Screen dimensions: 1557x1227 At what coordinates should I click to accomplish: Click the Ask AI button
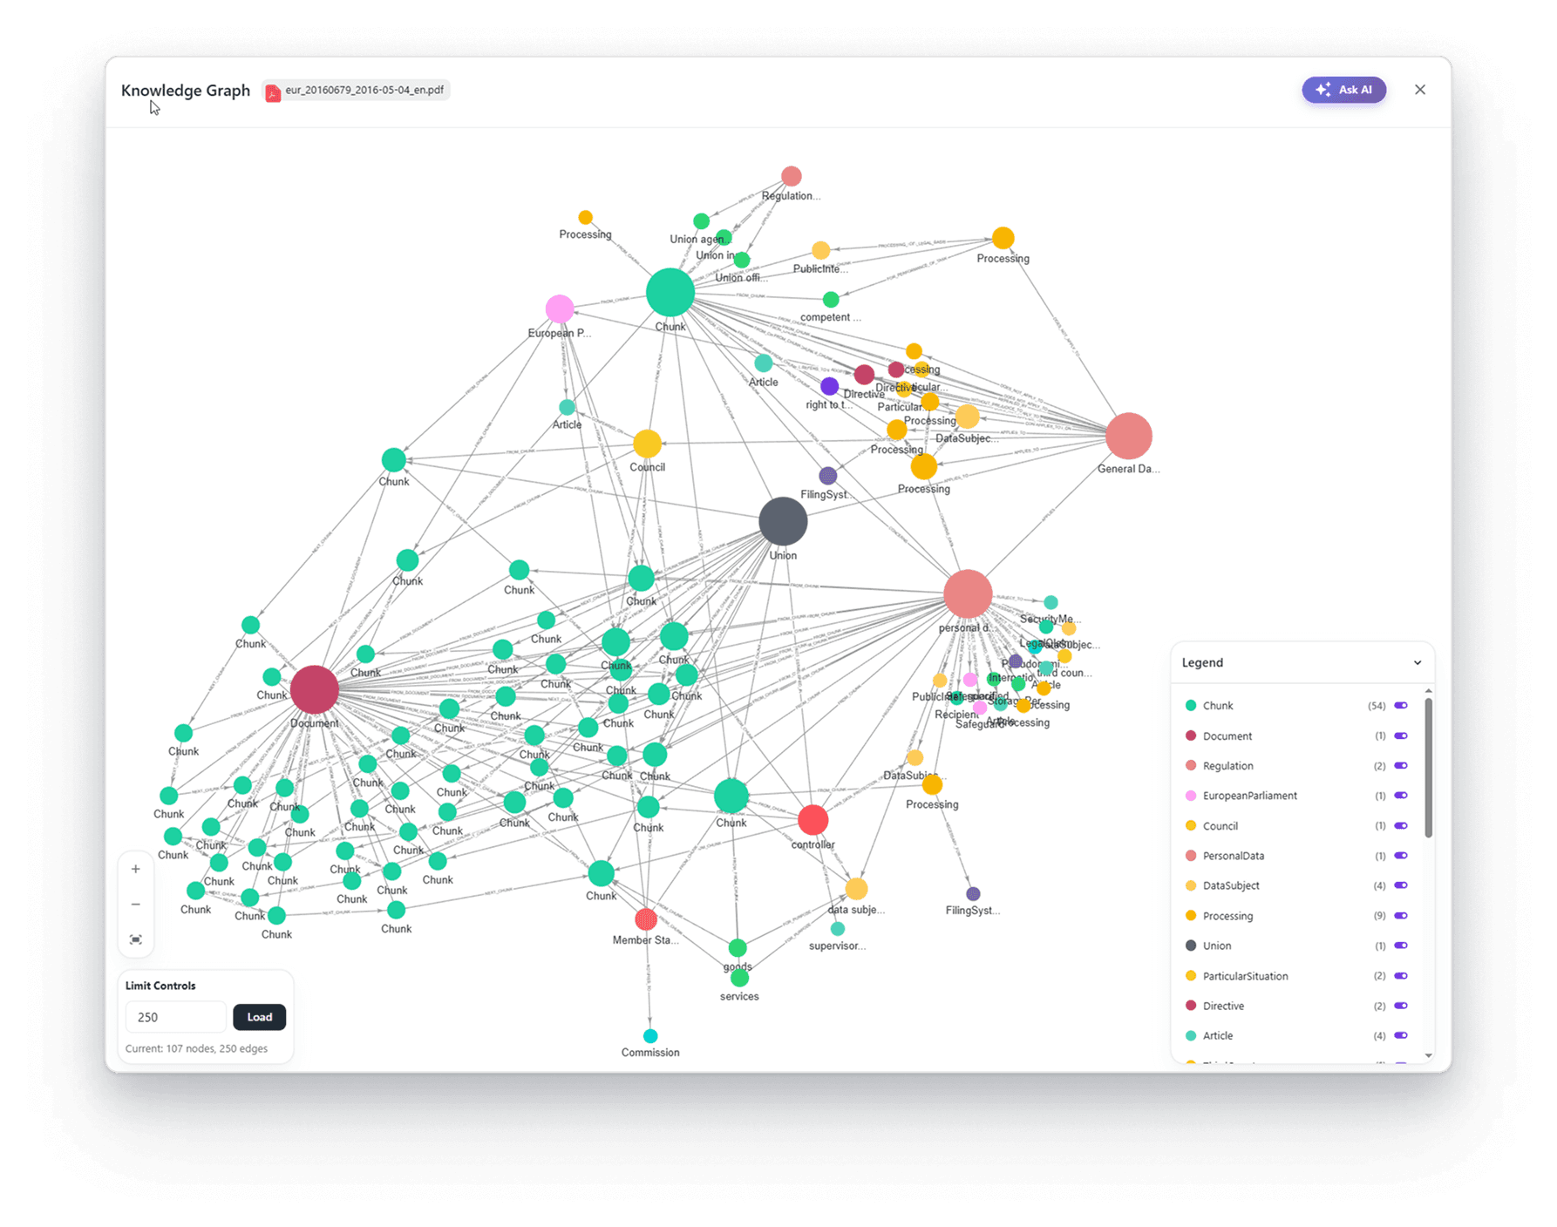[1343, 90]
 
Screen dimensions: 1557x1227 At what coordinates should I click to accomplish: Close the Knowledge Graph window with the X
[1420, 90]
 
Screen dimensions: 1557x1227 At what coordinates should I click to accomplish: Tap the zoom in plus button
[136, 869]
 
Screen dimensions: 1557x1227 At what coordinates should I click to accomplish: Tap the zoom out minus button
[136, 905]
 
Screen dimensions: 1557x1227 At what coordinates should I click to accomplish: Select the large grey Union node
[783, 521]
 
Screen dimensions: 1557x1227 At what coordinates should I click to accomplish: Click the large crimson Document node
[314, 689]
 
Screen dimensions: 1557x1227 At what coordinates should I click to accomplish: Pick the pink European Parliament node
[560, 308]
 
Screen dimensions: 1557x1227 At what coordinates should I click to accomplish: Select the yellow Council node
[647, 444]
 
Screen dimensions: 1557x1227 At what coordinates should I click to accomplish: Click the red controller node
[812, 820]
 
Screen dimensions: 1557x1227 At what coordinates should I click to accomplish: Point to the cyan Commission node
[650, 1036]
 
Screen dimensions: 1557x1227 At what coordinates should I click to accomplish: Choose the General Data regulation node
[1129, 436]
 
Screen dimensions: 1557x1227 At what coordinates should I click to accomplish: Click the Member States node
[646, 919]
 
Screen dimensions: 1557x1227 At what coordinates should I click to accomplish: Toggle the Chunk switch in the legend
[1401, 705]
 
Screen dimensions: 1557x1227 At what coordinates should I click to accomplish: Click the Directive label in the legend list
[1223, 1006]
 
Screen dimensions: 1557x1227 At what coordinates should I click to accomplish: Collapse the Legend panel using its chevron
[1418, 663]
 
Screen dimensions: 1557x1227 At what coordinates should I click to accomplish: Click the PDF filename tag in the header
[357, 90]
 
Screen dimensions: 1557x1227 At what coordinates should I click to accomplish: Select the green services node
[739, 978]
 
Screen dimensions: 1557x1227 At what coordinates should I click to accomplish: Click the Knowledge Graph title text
[186, 91]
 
